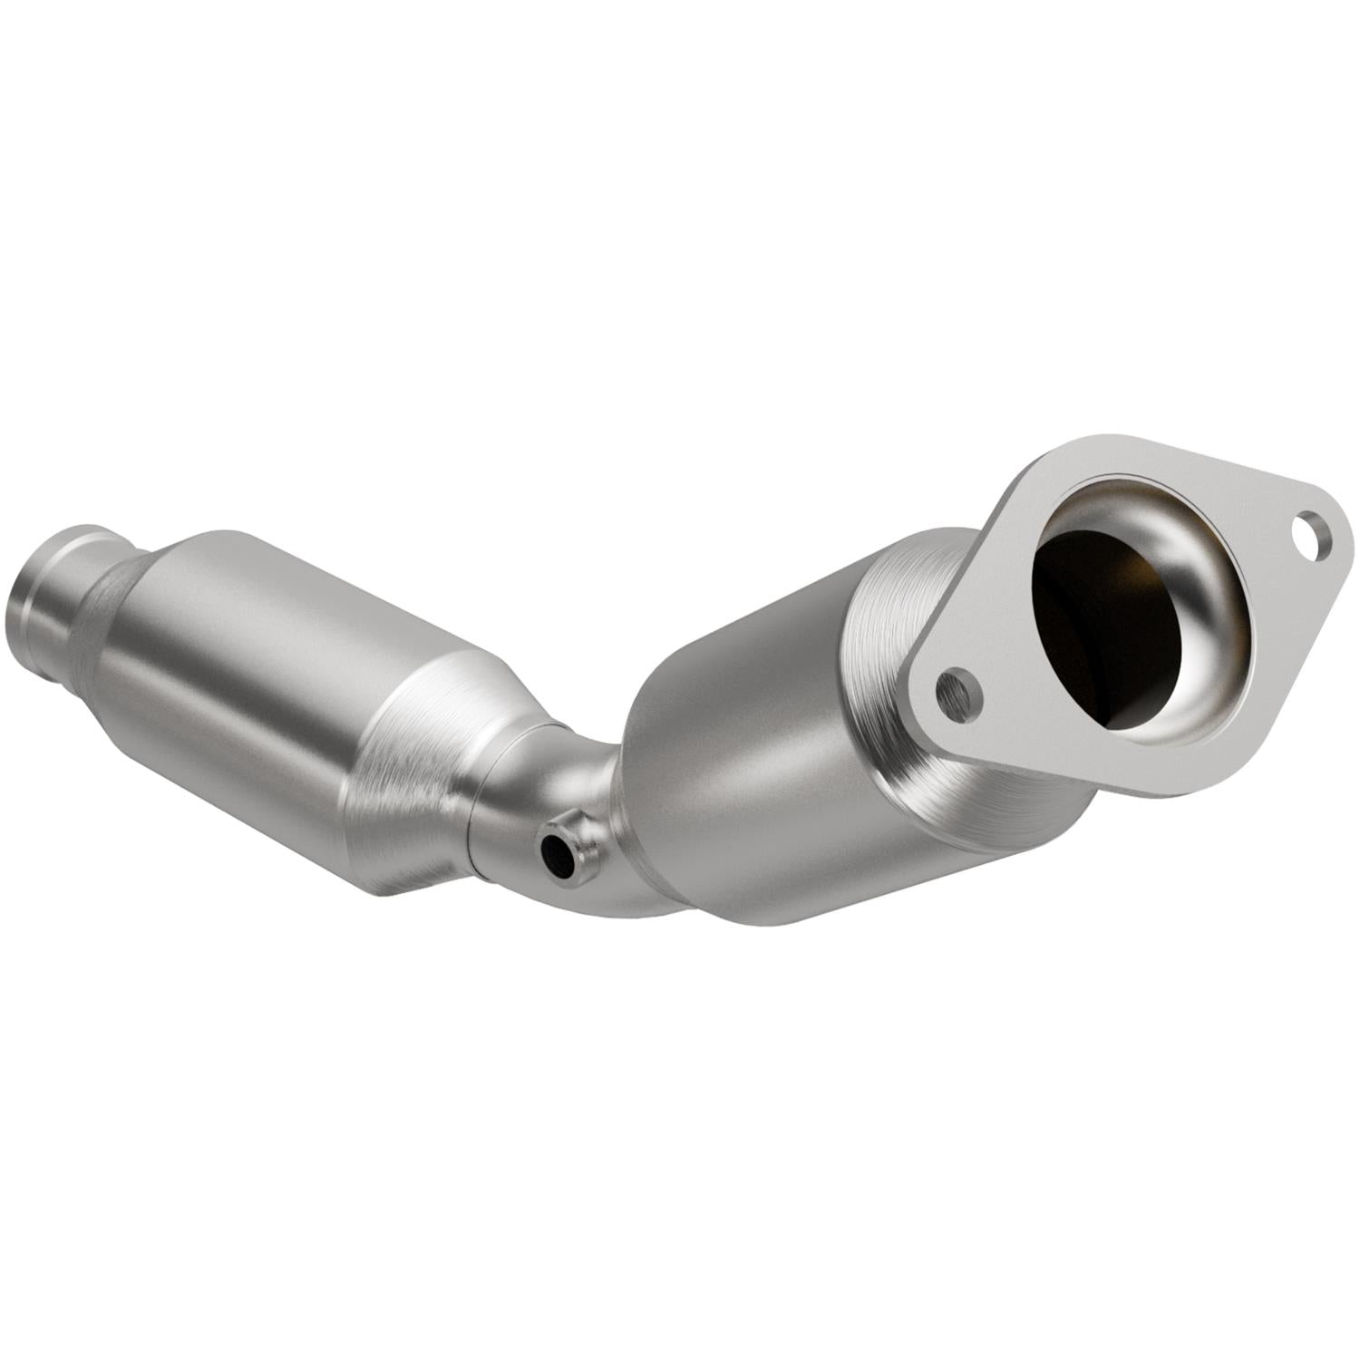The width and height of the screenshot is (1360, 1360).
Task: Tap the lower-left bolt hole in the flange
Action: [959, 691]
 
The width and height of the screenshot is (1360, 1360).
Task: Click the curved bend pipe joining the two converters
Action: [580, 798]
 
